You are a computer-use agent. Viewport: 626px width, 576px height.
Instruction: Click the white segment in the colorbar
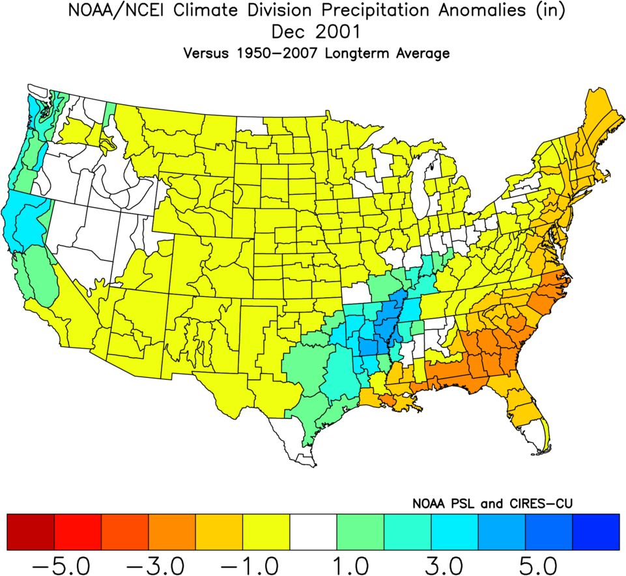(x=313, y=531)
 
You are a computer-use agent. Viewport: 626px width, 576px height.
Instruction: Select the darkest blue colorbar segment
(x=595, y=531)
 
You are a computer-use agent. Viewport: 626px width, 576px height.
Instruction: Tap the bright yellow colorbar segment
(x=266, y=531)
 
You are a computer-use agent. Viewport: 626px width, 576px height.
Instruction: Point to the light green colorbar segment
(x=360, y=531)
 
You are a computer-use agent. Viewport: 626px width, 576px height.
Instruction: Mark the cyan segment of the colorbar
(x=454, y=531)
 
